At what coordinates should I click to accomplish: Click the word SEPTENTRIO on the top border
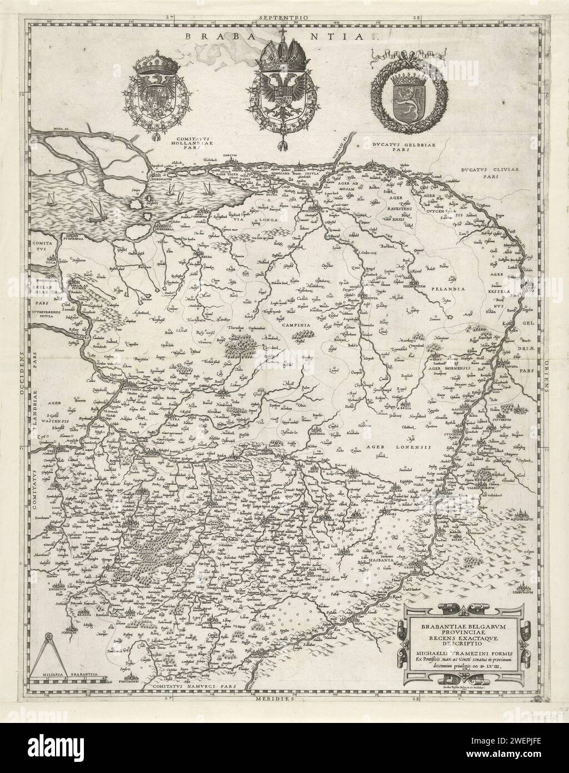[x=284, y=18]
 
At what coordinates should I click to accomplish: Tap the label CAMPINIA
[x=294, y=321]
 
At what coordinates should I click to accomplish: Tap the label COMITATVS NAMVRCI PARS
[x=192, y=688]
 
